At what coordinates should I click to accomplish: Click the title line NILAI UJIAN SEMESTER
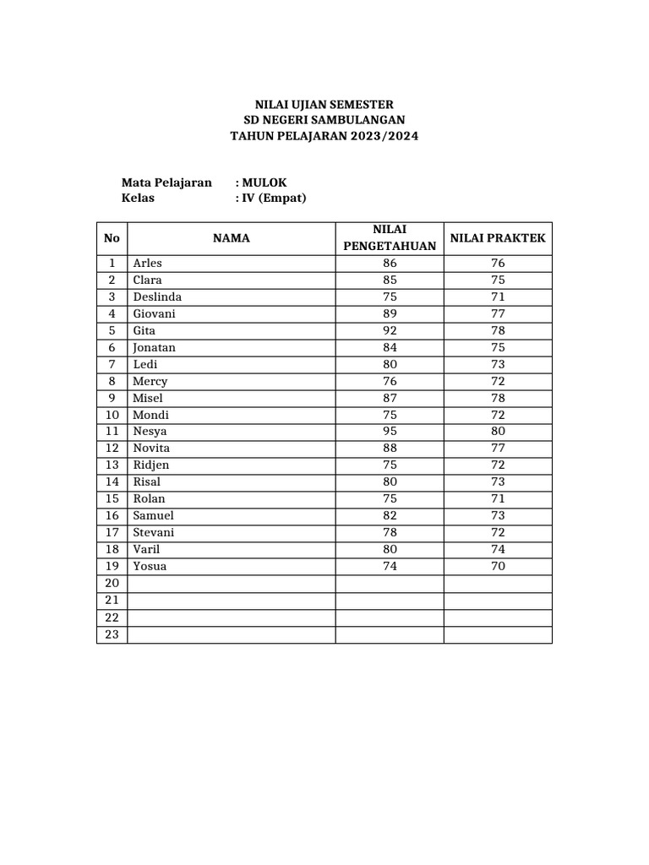click(x=324, y=104)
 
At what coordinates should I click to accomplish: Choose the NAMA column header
click(x=231, y=238)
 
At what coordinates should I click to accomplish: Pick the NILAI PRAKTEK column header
click(x=498, y=238)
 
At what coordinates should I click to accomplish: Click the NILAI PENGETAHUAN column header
click(x=390, y=237)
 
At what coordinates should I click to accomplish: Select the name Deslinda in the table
click(x=157, y=296)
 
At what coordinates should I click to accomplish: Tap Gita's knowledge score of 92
click(x=390, y=330)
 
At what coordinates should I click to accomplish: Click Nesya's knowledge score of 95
click(x=390, y=432)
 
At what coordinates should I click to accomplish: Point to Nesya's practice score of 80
click(x=498, y=432)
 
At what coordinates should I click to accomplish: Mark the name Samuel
click(x=153, y=515)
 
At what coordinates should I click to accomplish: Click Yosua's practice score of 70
click(x=498, y=566)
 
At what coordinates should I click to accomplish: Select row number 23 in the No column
click(x=112, y=634)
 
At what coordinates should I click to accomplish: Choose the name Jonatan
click(x=155, y=347)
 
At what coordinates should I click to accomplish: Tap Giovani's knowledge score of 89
click(x=390, y=313)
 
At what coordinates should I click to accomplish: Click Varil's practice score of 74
click(x=498, y=549)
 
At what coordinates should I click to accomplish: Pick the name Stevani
click(x=154, y=532)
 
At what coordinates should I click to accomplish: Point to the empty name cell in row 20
click(x=231, y=583)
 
